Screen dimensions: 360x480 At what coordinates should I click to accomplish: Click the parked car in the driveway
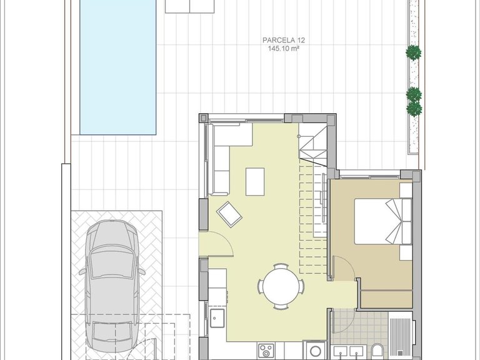coord(113,284)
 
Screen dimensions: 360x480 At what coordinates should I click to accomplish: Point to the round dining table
coord(281,286)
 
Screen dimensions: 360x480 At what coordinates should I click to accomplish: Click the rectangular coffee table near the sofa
coord(255,181)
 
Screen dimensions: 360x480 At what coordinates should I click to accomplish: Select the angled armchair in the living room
coord(229,214)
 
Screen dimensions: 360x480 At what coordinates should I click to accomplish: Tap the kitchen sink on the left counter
coord(217,318)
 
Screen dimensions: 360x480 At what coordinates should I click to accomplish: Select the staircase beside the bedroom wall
coord(314,206)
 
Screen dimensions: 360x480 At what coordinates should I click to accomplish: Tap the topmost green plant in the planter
coord(413,53)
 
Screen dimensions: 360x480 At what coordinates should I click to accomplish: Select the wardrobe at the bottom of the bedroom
coord(386,299)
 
